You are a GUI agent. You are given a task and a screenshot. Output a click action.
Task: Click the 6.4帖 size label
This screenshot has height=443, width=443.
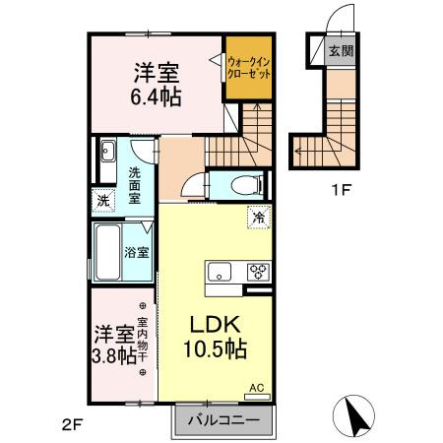click(x=155, y=97)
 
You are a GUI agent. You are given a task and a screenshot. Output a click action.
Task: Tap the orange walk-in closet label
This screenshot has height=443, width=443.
click(x=248, y=70)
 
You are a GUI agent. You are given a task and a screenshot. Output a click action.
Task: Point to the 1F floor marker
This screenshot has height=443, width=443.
click(x=340, y=190)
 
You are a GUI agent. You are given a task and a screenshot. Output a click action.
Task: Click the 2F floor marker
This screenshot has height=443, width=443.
click(x=70, y=425)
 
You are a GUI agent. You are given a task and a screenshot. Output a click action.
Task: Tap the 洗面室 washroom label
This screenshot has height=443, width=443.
click(x=136, y=184)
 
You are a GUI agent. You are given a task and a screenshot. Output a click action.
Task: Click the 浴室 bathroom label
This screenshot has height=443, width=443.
click(x=136, y=252)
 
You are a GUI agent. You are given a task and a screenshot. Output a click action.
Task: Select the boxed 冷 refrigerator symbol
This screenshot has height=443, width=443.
click(x=259, y=217)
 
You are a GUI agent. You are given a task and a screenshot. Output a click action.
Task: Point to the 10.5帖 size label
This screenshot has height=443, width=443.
click(x=213, y=349)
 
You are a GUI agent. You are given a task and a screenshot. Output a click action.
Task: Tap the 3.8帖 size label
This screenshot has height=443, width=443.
click(x=113, y=355)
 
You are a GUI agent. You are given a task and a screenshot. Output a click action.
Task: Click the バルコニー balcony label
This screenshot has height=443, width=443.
click(x=222, y=421)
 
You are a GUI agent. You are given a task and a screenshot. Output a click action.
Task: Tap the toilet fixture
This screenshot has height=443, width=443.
click(x=241, y=184)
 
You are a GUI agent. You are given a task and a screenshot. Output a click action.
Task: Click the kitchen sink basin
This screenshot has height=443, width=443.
click(x=219, y=273)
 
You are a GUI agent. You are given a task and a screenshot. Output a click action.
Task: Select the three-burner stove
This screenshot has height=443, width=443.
click(x=259, y=273)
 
